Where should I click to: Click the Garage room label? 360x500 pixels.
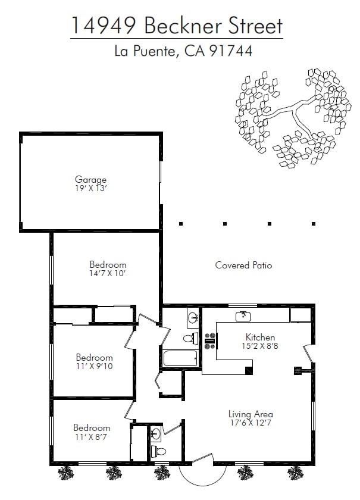[x=90, y=180]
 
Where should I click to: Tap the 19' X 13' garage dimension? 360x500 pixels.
[x=90, y=189]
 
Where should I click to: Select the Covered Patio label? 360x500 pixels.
[x=243, y=265]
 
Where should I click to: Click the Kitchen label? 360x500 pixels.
[x=260, y=337]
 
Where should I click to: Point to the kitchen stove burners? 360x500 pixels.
[x=210, y=340]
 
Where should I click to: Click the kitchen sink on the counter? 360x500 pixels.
[x=243, y=316]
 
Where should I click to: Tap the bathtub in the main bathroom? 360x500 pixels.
[x=180, y=358]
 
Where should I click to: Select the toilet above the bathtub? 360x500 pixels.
[x=190, y=338]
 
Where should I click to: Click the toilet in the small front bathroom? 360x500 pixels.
[x=158, y=451]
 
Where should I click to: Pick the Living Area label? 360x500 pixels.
[x=251, y=414]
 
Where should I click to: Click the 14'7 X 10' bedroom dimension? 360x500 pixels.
[x=107, y=274]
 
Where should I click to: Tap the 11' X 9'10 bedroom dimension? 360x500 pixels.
[x=95, y=366]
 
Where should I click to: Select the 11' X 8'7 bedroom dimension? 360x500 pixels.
[x=91, y=437]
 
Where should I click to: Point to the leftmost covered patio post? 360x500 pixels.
[x=181, y=224]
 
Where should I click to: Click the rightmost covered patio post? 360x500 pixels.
[x=314, y=224]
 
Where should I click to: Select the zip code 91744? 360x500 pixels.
[x=231, y=51]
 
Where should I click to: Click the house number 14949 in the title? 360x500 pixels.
[x=104, y=26]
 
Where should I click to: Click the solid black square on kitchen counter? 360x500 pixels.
[x=249, y=370]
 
